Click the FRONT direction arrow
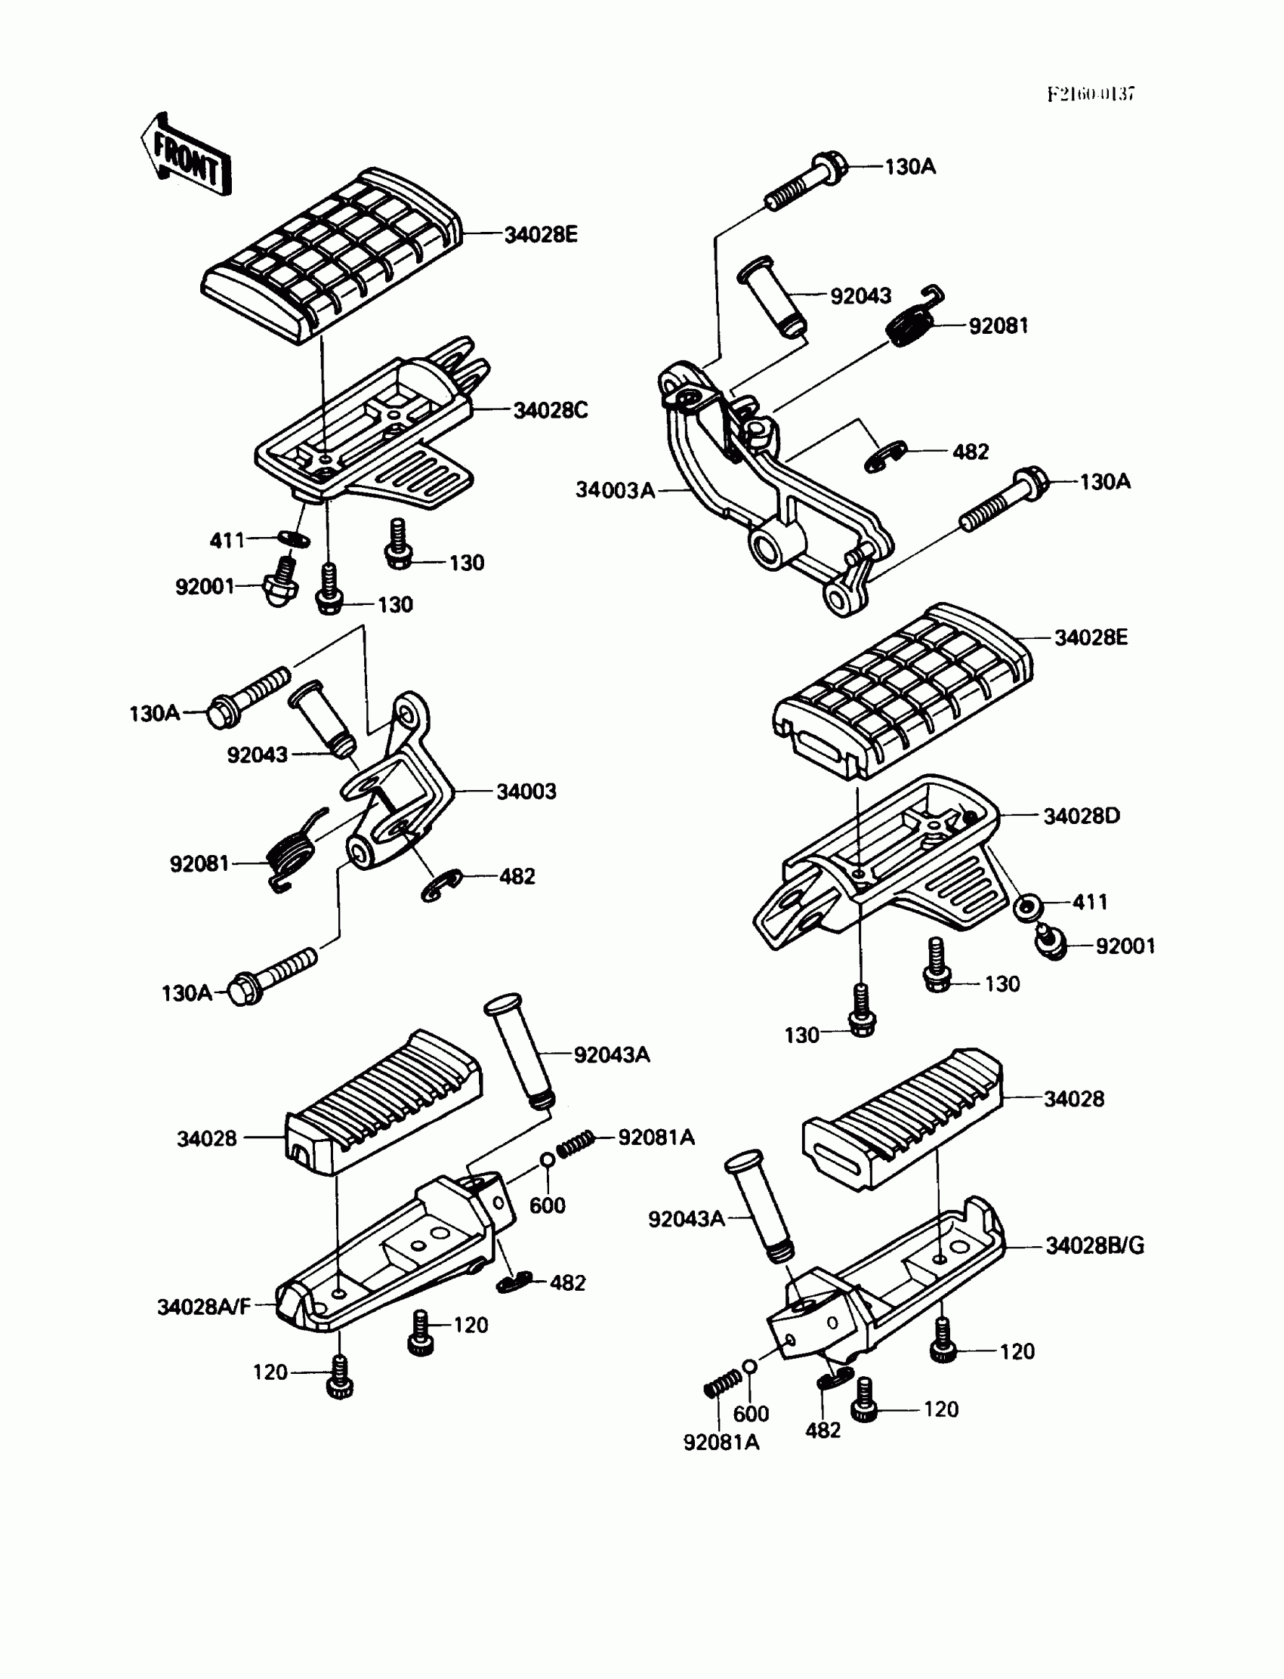186,156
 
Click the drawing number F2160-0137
1091,94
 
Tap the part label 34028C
551,410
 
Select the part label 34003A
616,490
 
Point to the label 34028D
1082,816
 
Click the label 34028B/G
1094,1245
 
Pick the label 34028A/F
204,1307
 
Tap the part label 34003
526,792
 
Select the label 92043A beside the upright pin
612,1054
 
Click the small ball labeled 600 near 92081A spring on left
548,1160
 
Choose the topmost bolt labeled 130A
807,181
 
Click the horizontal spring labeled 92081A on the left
575,1144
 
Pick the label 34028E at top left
540,235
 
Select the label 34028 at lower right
1074,1099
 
